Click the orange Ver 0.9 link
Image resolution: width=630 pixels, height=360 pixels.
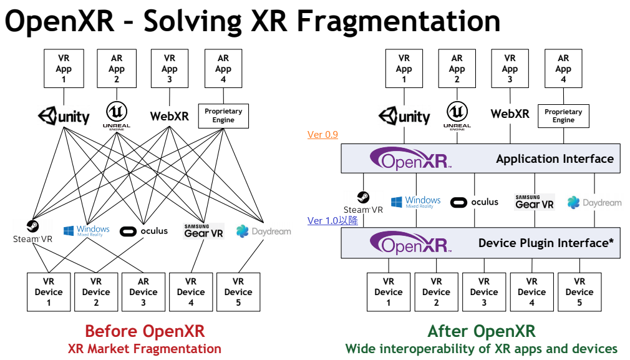(322, 135)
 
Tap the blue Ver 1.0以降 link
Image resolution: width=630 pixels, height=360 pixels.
(332, 221)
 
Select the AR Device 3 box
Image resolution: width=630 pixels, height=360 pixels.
(143, 291)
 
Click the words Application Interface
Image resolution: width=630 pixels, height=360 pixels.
(555, 159)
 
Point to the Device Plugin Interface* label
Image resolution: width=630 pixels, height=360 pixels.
(546, 243)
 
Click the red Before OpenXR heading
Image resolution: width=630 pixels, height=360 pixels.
(145, 331)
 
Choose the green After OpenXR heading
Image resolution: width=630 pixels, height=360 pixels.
(482, 331)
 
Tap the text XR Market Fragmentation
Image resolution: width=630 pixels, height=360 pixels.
(145, 349)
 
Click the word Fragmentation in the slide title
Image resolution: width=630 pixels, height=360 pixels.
(398, 22)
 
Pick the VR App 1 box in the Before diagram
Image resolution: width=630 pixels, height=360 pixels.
(64, 69)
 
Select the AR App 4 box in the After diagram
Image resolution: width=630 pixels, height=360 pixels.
(563, 69)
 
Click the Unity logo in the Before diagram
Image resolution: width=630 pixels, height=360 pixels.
(64, 116)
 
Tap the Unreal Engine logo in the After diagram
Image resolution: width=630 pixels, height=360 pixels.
(457, 115)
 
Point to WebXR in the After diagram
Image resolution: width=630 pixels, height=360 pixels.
(510, 114)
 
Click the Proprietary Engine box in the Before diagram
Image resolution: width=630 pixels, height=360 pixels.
(223, 116)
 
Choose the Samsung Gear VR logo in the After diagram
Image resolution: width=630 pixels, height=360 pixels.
(535, 202)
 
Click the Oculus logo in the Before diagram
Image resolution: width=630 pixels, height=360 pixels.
(144, 231)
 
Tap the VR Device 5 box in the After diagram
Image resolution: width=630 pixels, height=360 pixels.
(579, 291)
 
